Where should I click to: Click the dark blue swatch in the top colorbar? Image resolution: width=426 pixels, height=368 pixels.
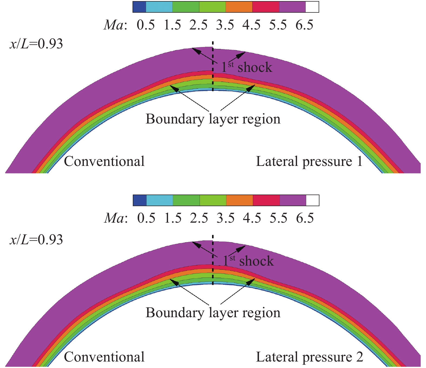coord(139,7)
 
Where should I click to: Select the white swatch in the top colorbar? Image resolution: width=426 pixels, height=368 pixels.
coord(312,7)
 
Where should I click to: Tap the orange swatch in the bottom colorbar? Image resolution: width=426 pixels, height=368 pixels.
coord(239,200)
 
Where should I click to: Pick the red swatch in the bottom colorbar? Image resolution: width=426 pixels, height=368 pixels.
coord(266,200)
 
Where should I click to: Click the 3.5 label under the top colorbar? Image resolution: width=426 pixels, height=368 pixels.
coord(225,25)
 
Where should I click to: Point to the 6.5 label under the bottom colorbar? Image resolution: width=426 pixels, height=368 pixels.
coord(305,218)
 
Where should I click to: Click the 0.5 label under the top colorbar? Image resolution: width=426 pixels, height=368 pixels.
coord(146,25)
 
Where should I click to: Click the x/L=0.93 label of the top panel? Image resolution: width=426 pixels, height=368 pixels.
coord(36,44)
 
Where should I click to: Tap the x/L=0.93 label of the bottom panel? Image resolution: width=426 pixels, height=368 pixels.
coord(36,240)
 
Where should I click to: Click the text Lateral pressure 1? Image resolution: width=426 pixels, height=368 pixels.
coord(309,162)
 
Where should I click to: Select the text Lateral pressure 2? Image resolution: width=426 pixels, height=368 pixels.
coord(309,357)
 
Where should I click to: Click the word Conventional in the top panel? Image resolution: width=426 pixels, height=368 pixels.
coord(104,162)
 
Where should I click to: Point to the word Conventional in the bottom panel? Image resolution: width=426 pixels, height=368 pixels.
coord(104,357)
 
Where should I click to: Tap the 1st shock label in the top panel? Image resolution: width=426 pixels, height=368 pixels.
coord(247,67)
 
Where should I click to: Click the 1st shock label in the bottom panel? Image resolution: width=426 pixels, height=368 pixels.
coord(248,261)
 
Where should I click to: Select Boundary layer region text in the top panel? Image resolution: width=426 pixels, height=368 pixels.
coord(213,119)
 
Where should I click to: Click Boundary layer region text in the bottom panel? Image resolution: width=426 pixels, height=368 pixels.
coord(213,313)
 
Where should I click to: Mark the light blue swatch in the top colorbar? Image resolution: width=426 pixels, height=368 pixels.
coord(159,7)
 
